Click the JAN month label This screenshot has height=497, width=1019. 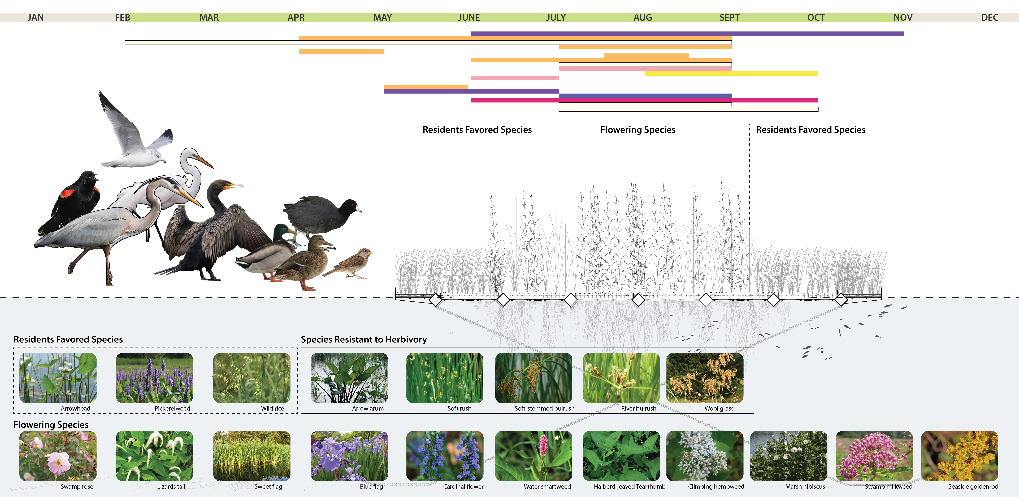tap(36, 17)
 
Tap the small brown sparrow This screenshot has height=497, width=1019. tap(352, 263)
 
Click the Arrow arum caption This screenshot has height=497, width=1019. tap(368, 408)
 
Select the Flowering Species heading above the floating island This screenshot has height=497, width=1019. tap(638, 130)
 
